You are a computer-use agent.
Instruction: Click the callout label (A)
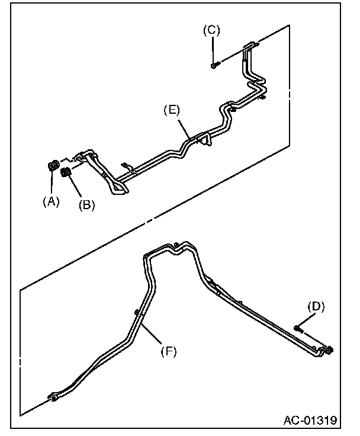[52, 201]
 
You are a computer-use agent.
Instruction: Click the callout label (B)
[87, 206]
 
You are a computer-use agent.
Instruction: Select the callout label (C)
[211, 31]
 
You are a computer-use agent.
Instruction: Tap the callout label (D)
[317, 306]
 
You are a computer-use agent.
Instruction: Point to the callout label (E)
[172, 110]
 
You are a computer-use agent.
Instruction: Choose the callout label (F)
[169, 351]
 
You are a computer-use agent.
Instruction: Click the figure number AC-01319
[310, 421]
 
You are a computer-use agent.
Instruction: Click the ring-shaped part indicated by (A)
[52, 166]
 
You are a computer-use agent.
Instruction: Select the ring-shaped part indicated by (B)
[66, 172]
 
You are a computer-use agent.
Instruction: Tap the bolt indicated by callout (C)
[214, 65]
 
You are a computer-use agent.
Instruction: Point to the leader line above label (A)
[52, 184]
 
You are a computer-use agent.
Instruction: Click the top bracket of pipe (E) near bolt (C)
[251, 44]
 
